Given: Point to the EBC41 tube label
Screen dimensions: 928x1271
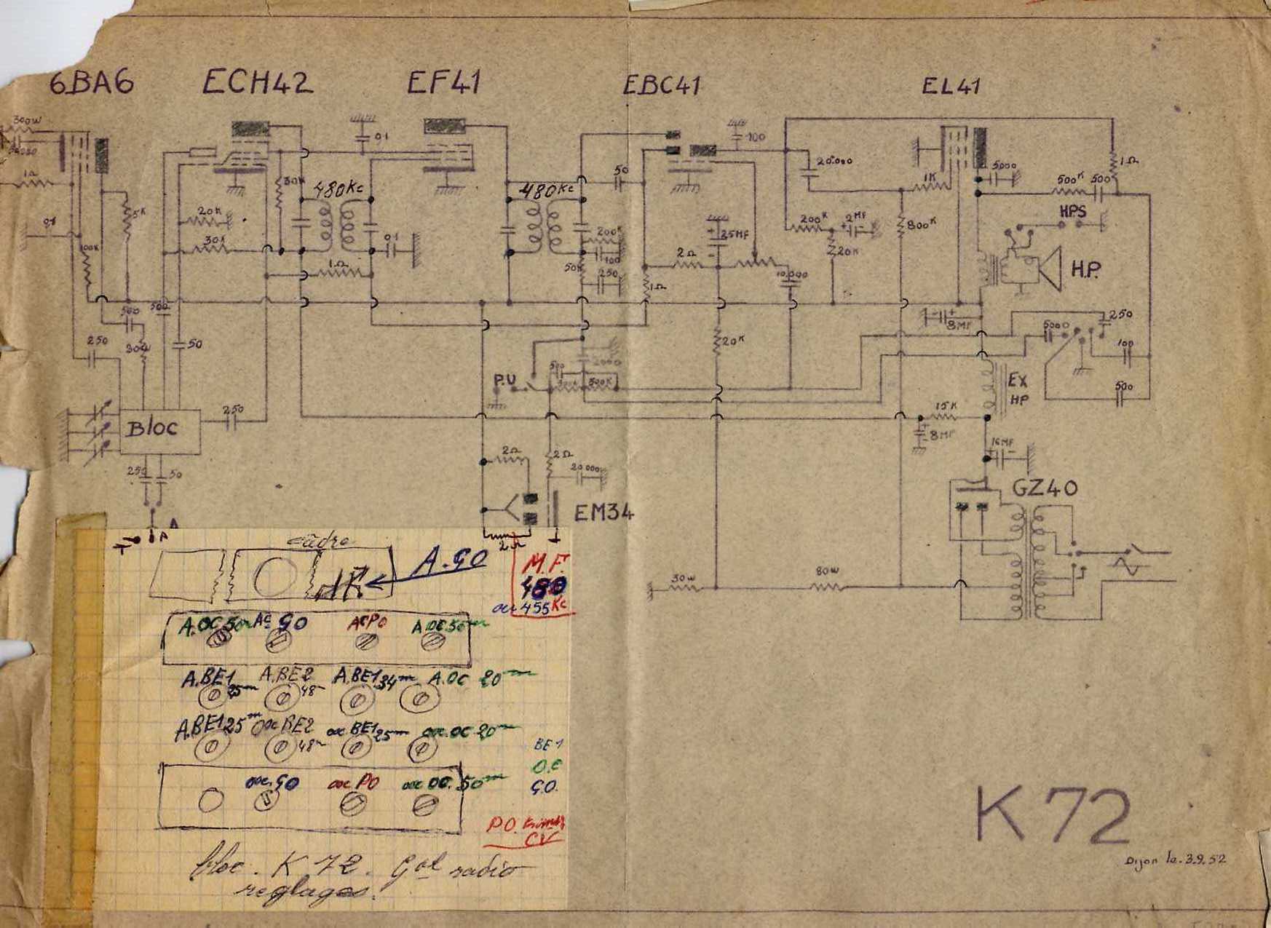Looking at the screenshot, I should point(661,85).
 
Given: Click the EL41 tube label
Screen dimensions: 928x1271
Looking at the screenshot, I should point(951,86).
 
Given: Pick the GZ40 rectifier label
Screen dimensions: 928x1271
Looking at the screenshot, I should point(1045,488).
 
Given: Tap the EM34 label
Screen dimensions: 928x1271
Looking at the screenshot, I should point(603,514).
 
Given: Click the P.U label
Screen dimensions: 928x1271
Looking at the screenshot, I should point(503,380).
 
